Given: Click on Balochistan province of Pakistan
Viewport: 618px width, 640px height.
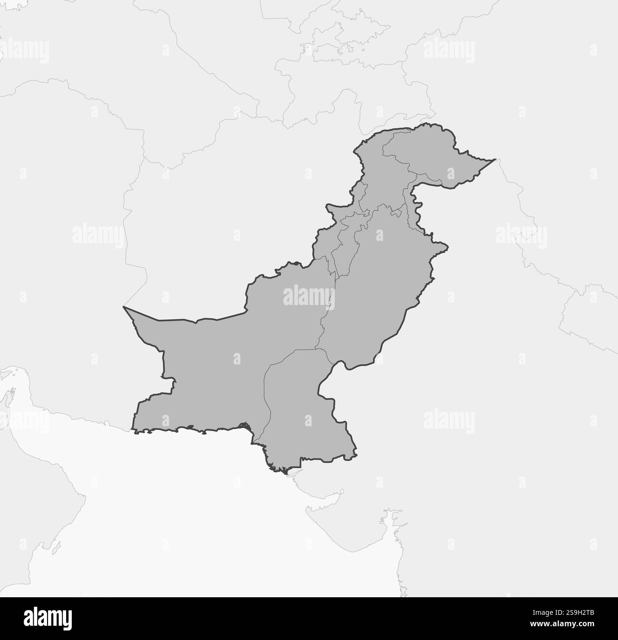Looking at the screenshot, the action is click(x=214, y=361).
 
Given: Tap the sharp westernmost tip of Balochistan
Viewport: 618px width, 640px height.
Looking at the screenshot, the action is click(x=124, y=307).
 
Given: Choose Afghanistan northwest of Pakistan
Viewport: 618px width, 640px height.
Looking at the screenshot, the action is click(x=214, y=190).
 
